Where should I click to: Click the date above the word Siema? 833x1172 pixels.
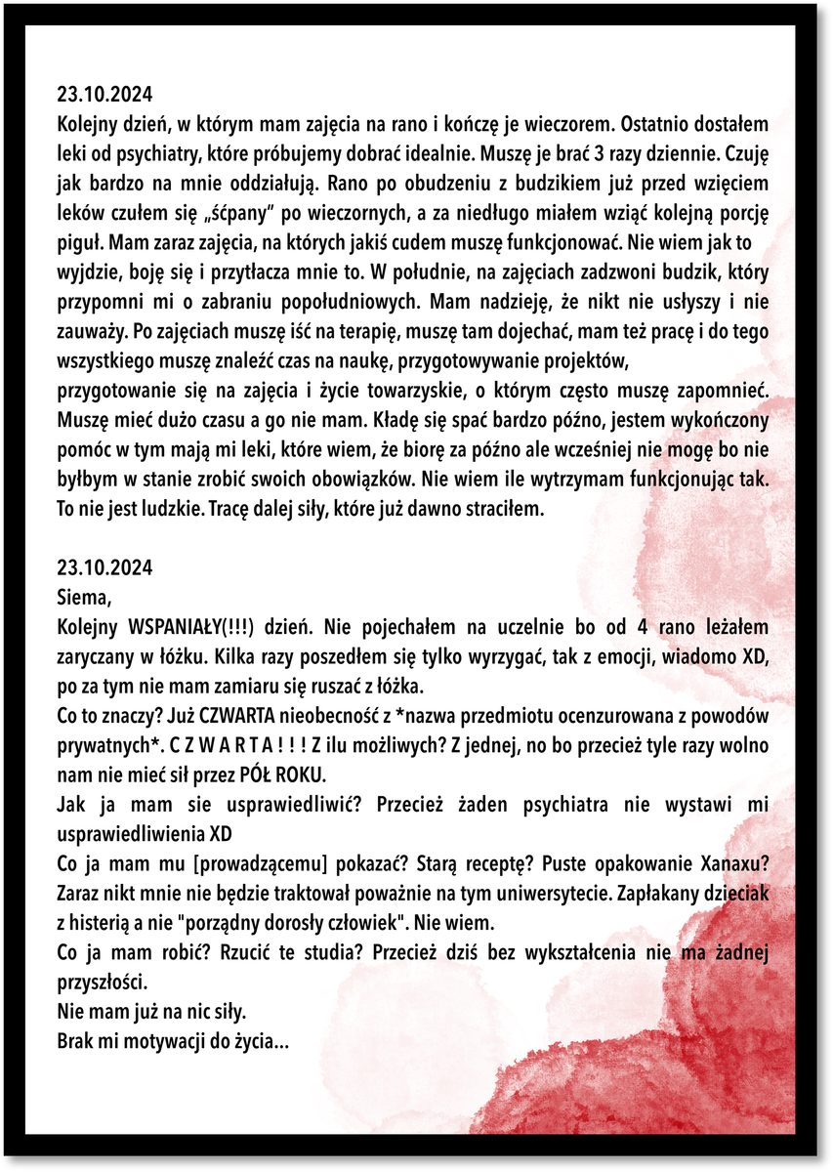[104, 566]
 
